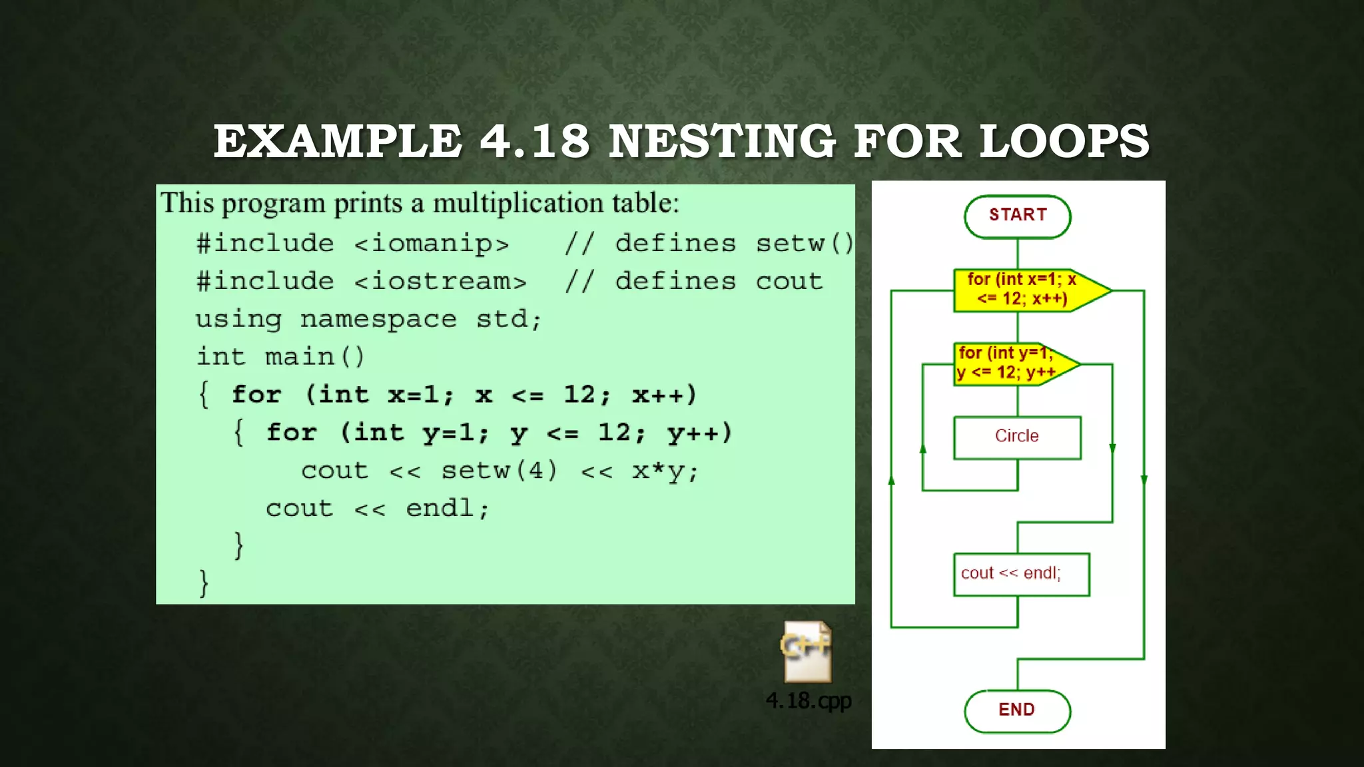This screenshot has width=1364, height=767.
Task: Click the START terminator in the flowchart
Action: [x=1017, y=216]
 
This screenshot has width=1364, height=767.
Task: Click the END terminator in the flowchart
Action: [x=1017, y=710]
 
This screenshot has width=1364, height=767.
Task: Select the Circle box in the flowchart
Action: [x=1017, y=437]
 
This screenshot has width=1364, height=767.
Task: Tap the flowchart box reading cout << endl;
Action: [x=1021, y=574]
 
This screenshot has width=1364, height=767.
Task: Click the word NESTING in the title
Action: [x=722, y=142]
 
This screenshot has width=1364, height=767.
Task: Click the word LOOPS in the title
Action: [x=1064, y=142]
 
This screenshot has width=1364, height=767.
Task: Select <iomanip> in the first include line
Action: [x=432, y=244]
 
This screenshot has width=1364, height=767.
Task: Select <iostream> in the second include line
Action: [x=440, y=282]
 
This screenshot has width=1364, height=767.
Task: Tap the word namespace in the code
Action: [x=378, y=320]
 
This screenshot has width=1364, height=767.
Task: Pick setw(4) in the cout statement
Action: [x=500, y=471]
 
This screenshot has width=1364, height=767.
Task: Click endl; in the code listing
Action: [x=448, y=509]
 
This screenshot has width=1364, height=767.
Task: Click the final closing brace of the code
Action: [x=204, y=583]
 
